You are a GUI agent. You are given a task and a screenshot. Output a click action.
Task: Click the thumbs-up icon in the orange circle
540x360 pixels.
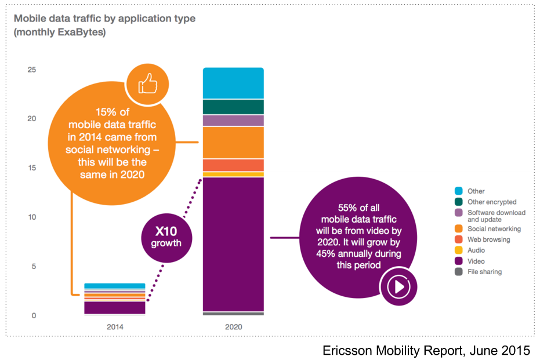click(147, 84)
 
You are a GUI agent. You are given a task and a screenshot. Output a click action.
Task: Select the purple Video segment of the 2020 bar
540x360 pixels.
click(233, 243)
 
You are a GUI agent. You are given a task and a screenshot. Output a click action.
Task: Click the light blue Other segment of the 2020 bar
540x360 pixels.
click(233, 83)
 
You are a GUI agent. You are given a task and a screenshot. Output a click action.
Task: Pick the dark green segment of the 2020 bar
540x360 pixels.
click(233, 107)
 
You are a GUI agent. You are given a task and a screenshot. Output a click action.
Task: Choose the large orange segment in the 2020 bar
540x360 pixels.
click(233, 142)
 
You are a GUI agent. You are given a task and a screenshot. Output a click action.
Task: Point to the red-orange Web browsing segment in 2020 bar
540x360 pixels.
click(233, 165)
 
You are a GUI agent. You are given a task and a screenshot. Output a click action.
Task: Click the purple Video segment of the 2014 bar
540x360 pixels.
click(115, 308)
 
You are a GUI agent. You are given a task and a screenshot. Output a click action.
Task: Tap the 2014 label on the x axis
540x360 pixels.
click(115, 327)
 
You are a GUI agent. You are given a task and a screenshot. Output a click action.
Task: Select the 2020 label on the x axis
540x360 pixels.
click(233, 327)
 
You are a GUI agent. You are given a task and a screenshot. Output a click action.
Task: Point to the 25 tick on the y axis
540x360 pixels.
click(31, 70)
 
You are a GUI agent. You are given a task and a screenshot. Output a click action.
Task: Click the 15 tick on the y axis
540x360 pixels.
click(31, 168)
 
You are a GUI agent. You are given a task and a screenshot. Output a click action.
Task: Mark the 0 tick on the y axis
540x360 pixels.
click(34, 316)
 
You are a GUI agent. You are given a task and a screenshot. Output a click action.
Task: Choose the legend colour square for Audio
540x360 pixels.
click(458, 250)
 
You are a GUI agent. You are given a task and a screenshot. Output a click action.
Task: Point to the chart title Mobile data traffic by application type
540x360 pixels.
click(104, 19)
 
